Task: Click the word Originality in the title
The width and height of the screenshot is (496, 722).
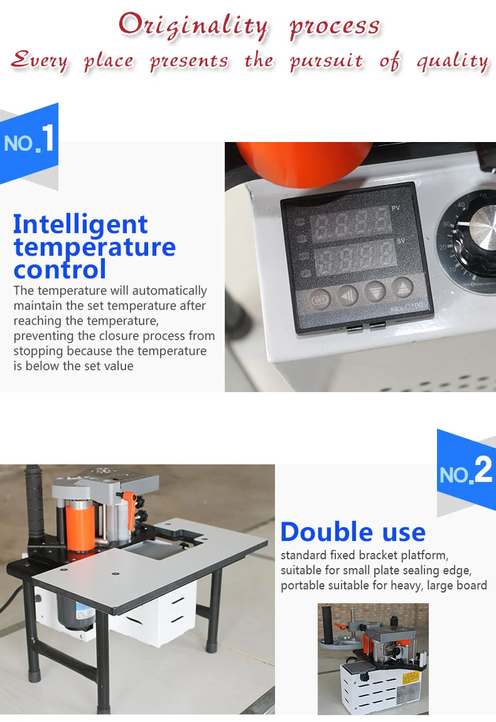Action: click(x=193, y=26)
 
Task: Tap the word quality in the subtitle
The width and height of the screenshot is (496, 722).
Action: click(x=452, y=61)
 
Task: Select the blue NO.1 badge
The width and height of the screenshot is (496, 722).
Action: click(x=30, y=142)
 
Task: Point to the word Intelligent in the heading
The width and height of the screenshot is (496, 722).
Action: click(x=80, y=224)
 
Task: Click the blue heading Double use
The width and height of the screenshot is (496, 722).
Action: click(x=353, y=532)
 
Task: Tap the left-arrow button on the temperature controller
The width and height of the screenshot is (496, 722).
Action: click(x=348, y=294)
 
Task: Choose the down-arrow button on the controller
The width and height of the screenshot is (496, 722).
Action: click(x=375, y=291)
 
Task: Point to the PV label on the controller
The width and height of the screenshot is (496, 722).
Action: click(x=395, y=208)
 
